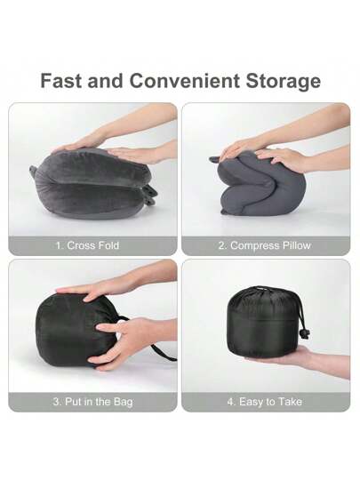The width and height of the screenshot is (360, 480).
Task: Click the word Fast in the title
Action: coord(61,81)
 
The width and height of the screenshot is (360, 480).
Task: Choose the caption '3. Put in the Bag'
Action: coord(92,402)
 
